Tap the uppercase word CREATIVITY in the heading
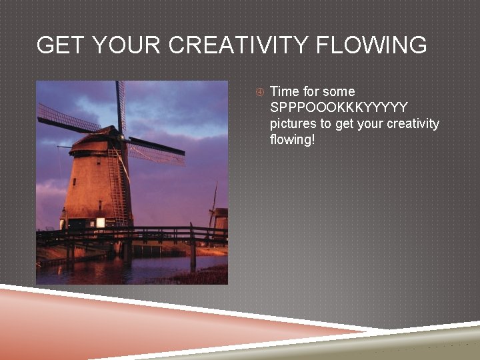point(239,45)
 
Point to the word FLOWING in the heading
point(372,45)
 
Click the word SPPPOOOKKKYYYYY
point(339,107)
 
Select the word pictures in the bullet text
point(293,124)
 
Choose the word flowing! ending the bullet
point(292,140)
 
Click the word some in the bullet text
point(339,91)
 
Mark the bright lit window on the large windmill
point(100,223)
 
